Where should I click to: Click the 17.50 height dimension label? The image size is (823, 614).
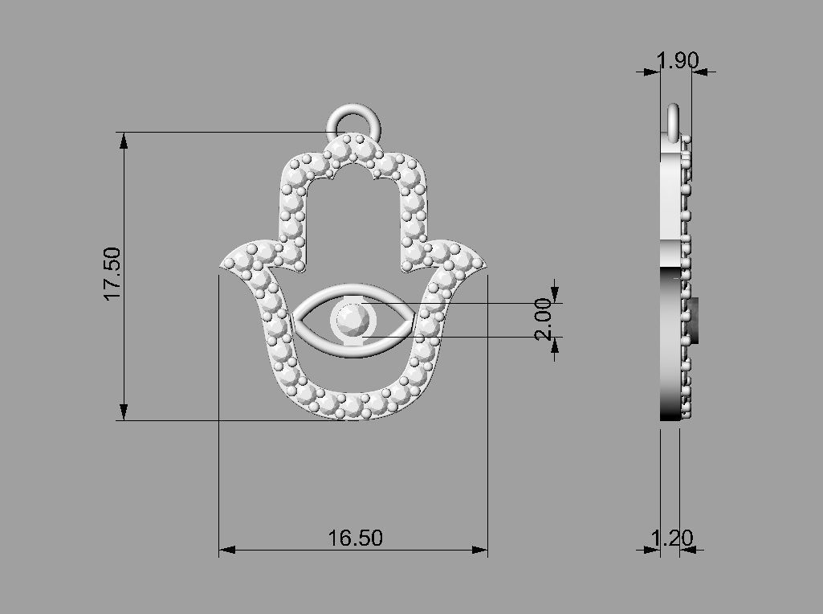coord(112,274)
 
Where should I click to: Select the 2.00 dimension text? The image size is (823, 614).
coord(544,319)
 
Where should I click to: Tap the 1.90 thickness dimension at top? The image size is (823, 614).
coord(677,61)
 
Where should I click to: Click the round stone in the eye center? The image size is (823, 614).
coord(352,320)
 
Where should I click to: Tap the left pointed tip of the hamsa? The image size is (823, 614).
coord(226,264)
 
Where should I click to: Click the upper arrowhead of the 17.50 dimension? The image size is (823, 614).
coord(123,141)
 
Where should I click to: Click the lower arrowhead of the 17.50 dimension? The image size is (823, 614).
coord(123,411)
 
